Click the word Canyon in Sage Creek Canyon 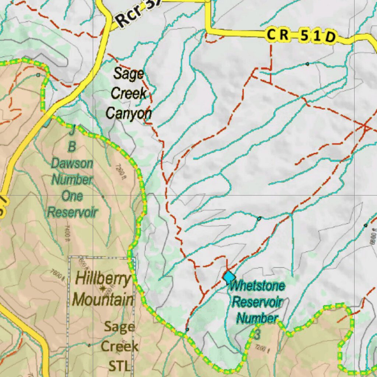pos(128,113)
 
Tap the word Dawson pos(72,163)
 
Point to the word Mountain pos(103,299)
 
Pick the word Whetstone pos(257,286)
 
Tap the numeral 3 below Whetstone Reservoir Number pos(257,335)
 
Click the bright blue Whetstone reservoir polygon pos(229,276)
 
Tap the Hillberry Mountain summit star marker pos(103,288)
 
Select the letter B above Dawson pos(72,147)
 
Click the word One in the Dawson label pos(72,196)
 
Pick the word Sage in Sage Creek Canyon pos(128,74)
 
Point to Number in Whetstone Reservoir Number pos(257,317)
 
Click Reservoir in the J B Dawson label pos(72,212)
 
